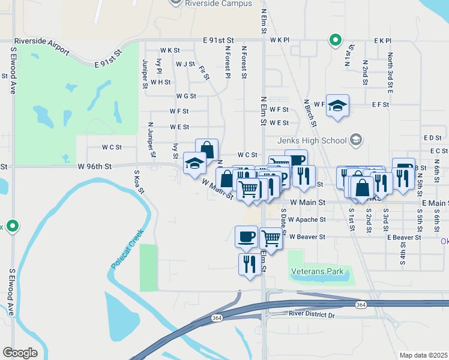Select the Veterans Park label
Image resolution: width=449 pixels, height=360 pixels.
coord(318,271)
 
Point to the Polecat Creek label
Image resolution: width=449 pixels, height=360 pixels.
coord(128,248)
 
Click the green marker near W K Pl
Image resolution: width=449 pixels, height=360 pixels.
coord(335,40)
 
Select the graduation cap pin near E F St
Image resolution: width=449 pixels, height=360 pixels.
coord(337,106)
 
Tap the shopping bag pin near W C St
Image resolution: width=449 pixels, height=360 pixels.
coord(206,149)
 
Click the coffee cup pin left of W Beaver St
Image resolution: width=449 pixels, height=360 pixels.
coord(246,236)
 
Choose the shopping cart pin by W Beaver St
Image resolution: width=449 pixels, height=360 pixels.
coord(271,238)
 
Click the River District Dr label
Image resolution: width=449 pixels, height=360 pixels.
coord(310,314)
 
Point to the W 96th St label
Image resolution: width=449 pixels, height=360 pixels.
coord(95,167)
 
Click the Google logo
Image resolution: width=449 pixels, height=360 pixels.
coord(20,352)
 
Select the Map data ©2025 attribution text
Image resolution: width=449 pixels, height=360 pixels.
coord(423,355)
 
